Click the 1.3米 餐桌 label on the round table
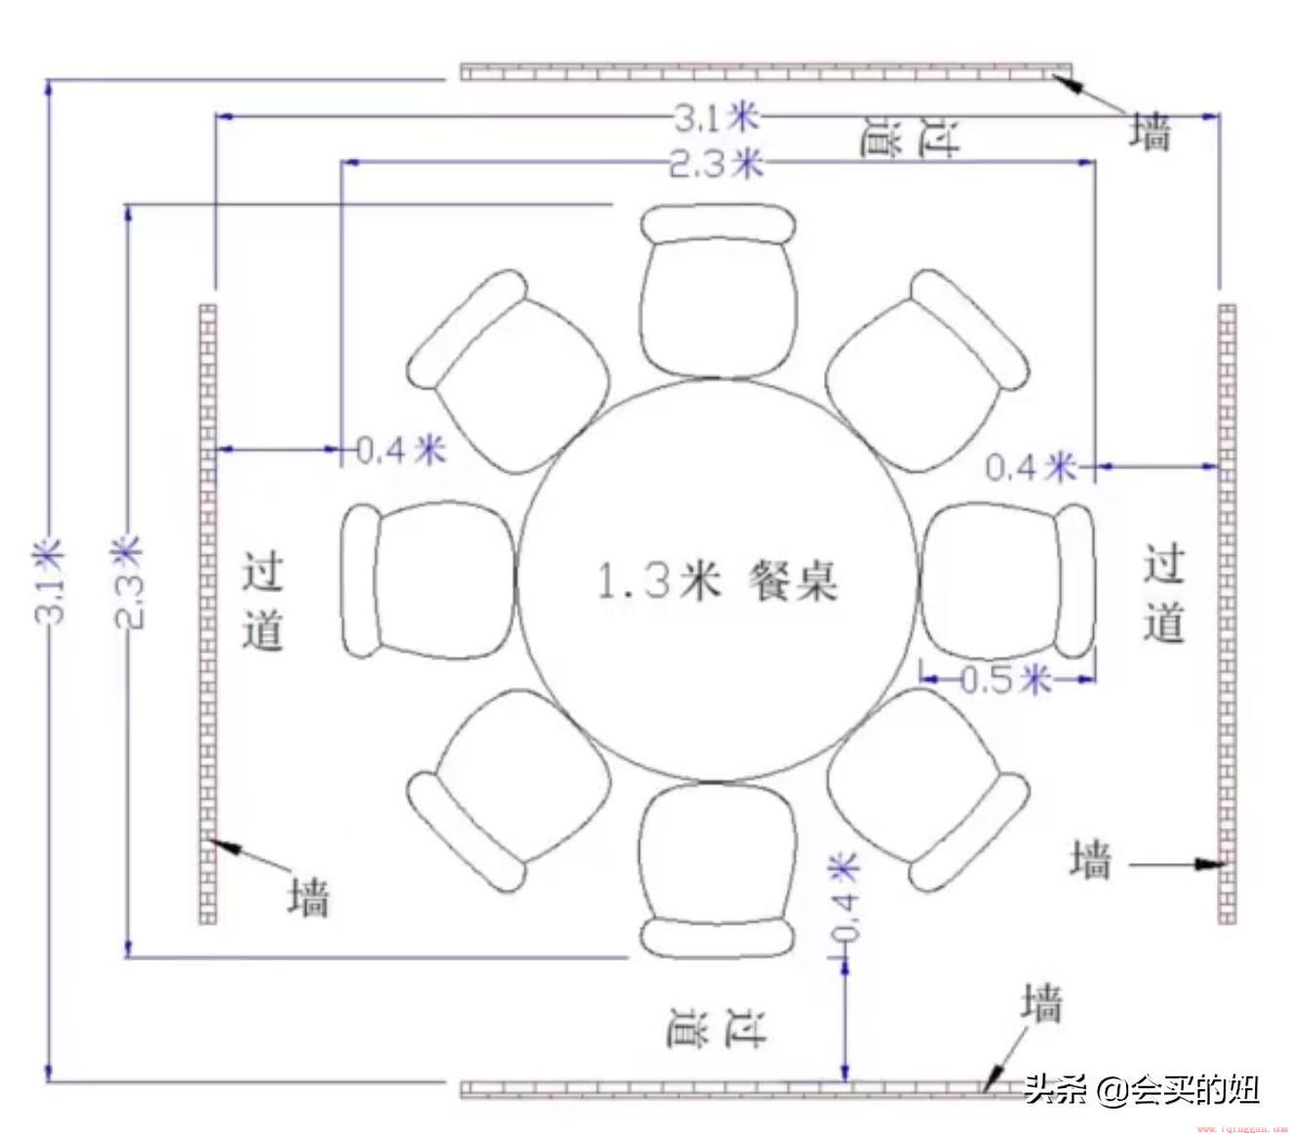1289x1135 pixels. pyautogui.click(x=717, y=580)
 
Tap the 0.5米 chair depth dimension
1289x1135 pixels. pyautogui.click(x=1005, y=679)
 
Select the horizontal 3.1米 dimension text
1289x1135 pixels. pyautogui.click(x=717, y=118)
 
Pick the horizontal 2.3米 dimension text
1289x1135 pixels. pyautogui.click(x=717, y=164)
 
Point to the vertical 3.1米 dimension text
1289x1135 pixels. pyautogui.click(x=49, y=581)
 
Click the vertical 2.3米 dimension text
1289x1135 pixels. pyautogui.click(x=129, y=582)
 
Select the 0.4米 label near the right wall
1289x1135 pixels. pyautogui.click(x=1031, y=467)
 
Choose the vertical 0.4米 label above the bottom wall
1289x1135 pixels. pyautogui.click(x=844, y=897)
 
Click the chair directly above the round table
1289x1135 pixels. pyautogui.click(x=718, y=292)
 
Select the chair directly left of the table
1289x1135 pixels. pyautogui.click(x=428, y=579)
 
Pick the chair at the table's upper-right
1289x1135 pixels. pyautogui.click(x=926, y=371)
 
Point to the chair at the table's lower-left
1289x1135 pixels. pyautogui.click(x=509, y=790)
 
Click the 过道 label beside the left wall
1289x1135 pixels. pyautogui.click(x=262, y=602)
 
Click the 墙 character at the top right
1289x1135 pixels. pyautogui.click(x=1150, y=133)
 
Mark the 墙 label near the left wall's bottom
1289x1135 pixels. pyautogui.click(x=309, y=898)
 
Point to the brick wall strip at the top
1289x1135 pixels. pyautogui.click(x=766, y=72)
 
